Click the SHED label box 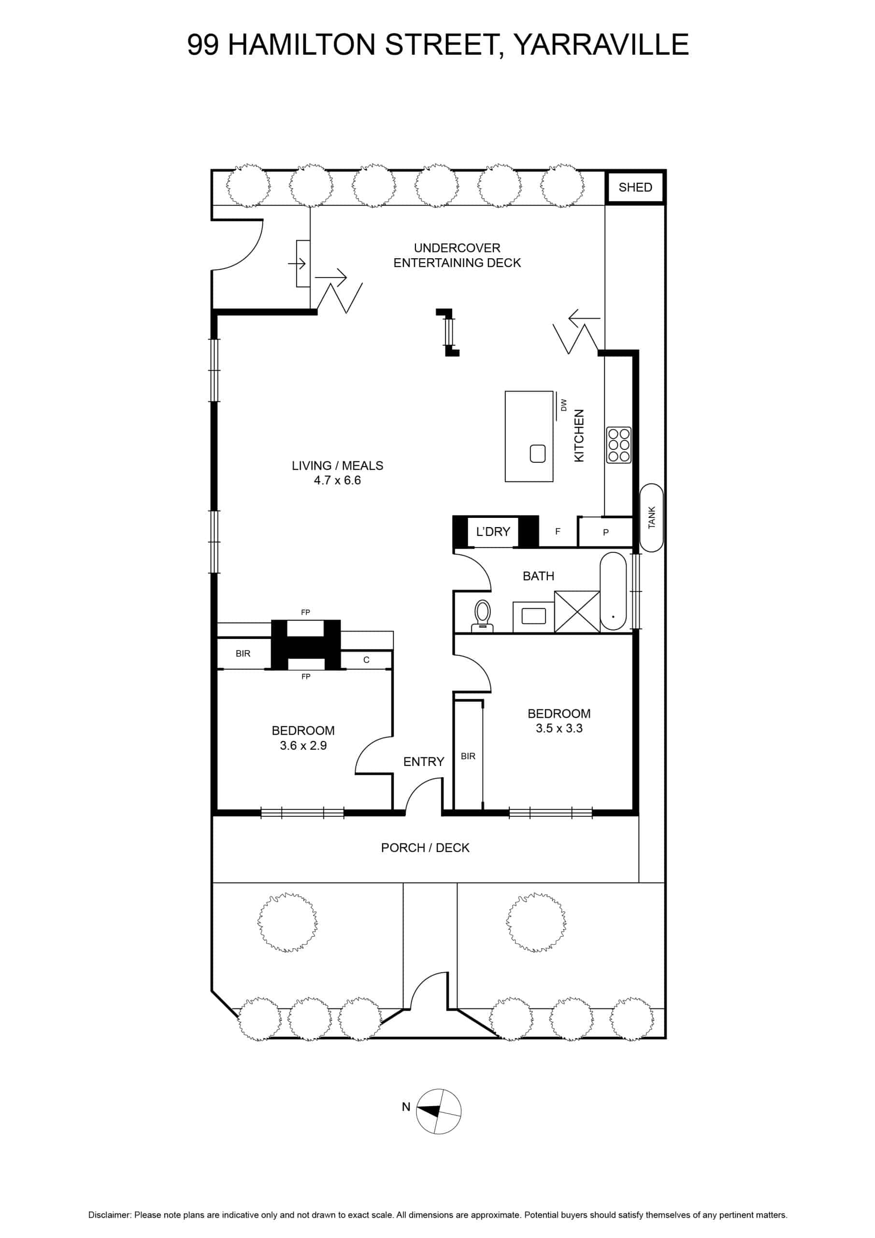click(x=635, y=187)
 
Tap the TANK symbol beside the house click(x=651, y=517)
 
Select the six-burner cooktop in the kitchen click(x=618, y=445)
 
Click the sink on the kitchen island click(x=538, y=454)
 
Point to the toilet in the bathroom click(x=482, y=616)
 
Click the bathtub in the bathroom click(x=613, y=591)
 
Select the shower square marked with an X click(x=577, y=611)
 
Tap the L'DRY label click(x=493, y=531)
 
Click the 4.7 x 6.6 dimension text click(x=337, y=480)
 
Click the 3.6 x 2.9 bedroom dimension click(x=303, y=746)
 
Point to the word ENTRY click(x=424, y=762)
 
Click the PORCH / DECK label click(x=425, y=848)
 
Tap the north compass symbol click(x=439, y=1111)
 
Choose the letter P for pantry click(x=605, y=533)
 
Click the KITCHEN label click(x=579, y=436)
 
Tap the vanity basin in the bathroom click(x=533, y=616)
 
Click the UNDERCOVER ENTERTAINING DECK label click(x=457, y=256)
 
